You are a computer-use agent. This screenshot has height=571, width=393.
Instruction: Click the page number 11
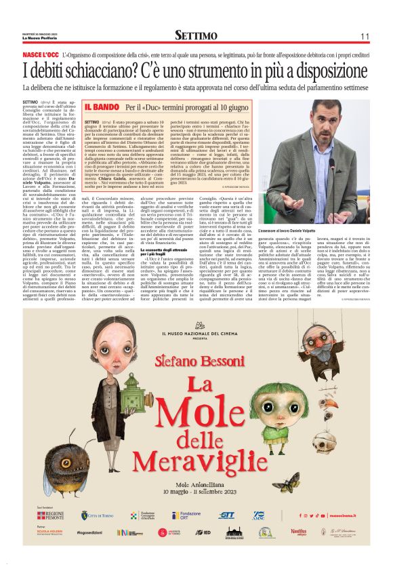tap(364, 35)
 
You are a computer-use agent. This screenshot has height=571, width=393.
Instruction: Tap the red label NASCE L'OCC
tap(41, 54)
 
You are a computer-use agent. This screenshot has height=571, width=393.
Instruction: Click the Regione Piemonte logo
tap(50, 516)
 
